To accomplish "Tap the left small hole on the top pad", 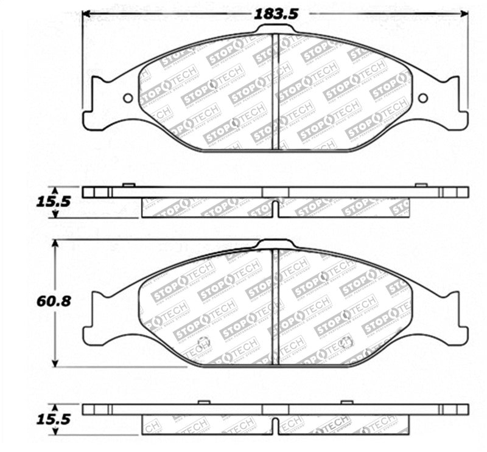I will point(127,98).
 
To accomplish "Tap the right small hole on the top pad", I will point(423,98).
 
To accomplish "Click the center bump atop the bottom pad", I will point(276,243).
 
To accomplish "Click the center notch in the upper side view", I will point(276,208).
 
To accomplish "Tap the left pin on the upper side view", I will point(128,184).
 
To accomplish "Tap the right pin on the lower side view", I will point(347,402).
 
